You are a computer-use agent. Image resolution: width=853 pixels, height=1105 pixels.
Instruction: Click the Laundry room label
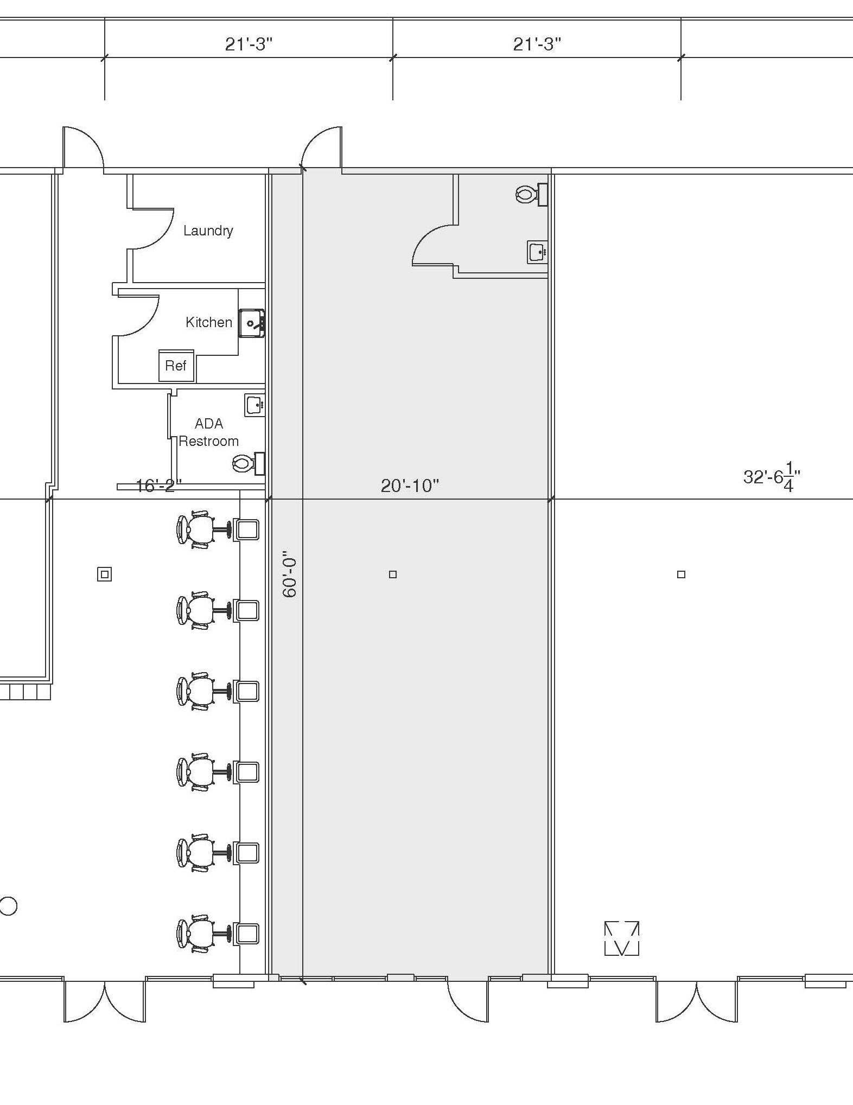(208, 231)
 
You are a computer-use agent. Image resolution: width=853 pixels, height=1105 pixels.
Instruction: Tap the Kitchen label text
(209, 322)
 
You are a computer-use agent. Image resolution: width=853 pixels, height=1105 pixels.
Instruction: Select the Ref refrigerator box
(176, 366)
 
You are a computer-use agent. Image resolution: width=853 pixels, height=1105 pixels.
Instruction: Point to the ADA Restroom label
(209, 432)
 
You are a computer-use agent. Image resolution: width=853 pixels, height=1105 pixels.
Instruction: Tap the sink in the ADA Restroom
(254, 405)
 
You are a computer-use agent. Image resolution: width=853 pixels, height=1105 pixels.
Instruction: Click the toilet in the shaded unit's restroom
(531, 194)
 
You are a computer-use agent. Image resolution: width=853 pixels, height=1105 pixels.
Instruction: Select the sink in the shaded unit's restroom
(537, 252)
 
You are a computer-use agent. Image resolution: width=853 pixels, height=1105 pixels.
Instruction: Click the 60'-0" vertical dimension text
(290, 575)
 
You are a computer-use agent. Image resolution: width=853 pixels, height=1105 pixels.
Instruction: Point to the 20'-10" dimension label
(410, 486)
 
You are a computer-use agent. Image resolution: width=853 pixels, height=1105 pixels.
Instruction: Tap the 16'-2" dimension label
(158, 486)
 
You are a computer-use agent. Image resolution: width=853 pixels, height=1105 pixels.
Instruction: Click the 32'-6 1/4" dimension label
(772, 477)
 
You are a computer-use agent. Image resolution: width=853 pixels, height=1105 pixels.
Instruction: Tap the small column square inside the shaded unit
(393, 574)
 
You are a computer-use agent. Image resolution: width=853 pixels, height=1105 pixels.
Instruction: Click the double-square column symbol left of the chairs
(105, 574)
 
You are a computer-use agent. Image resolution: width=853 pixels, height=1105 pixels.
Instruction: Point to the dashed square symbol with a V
(621, 938)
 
